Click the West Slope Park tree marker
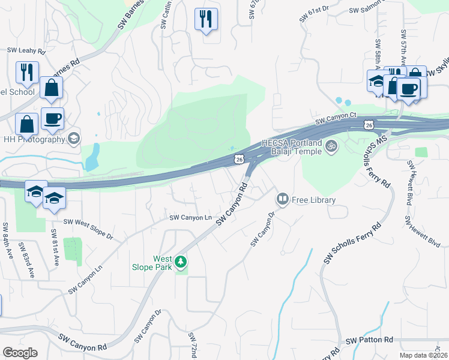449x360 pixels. coord(181,262)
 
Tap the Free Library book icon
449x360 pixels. coord(282,199)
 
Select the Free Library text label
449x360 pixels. coord(314,199)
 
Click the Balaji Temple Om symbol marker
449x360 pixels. coord(330,145)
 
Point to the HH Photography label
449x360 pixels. coord(34,139)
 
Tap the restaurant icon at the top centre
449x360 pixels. coord(206,19)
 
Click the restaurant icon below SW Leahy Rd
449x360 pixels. coord(27,73)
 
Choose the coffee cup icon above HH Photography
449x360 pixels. coord(52,118)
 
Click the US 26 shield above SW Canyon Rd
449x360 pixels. coord(239,159)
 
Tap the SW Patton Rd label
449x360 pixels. coord(370,340)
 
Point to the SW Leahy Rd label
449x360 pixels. coord(26,51)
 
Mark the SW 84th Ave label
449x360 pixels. coord(7,238)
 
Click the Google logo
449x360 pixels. coord(20,352)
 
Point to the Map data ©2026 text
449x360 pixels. coord(424,355)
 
